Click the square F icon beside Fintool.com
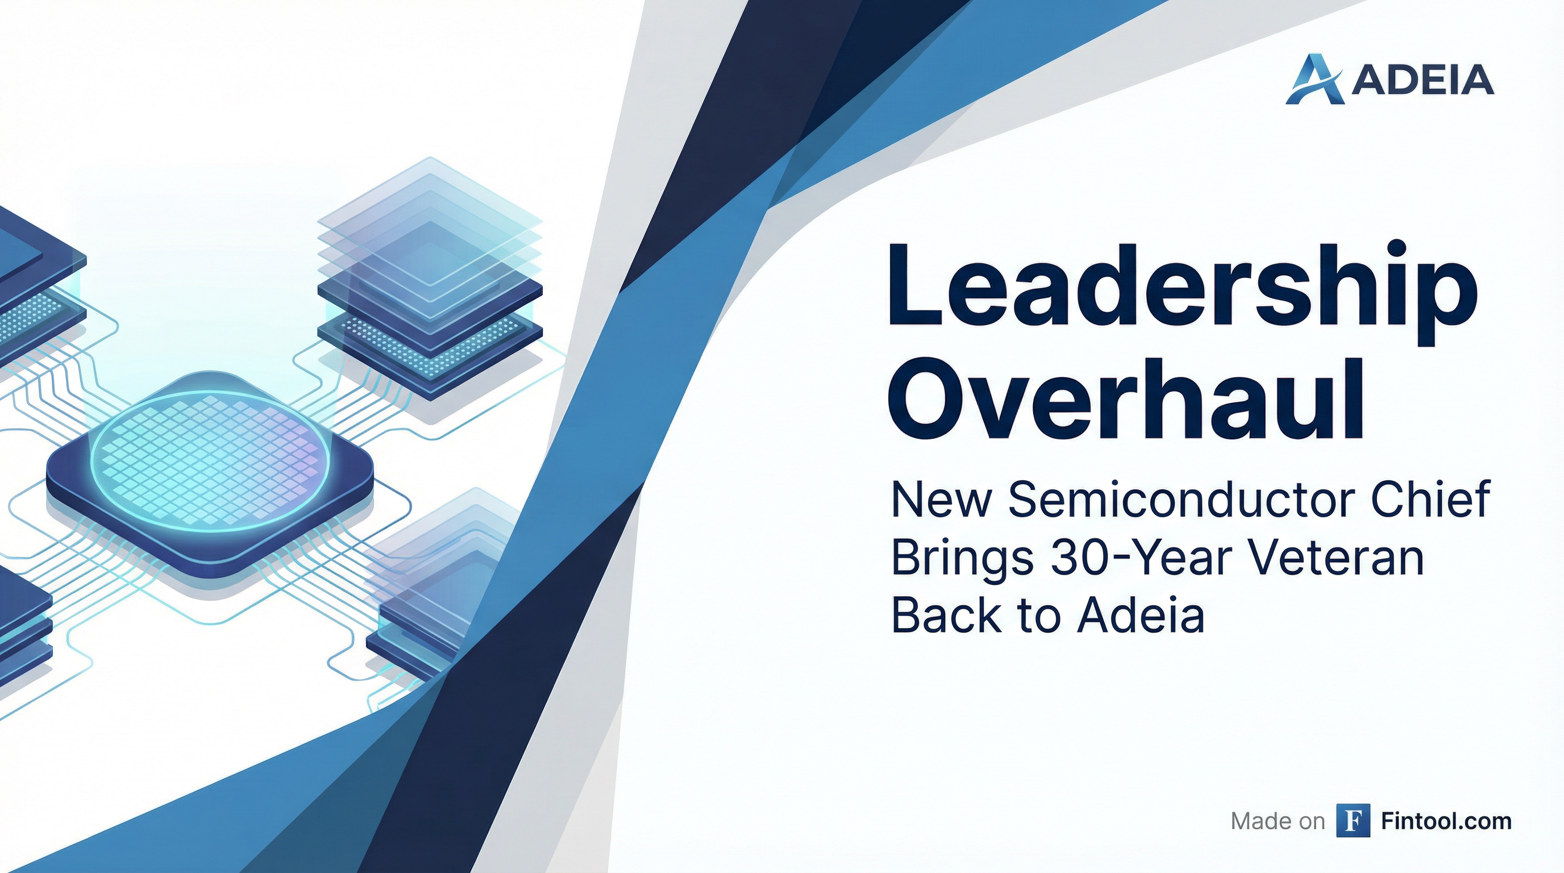coord(1353,821)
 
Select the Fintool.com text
coord(1446,821)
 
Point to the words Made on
coord(1278,821)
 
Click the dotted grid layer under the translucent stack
coord(430,346)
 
